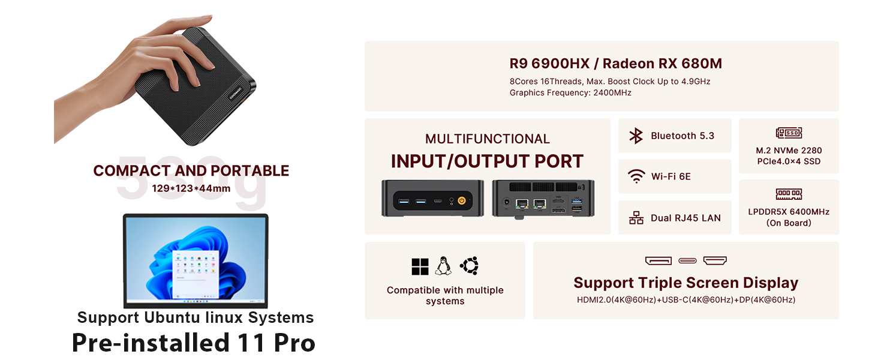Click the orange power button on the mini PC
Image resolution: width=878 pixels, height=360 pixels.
click(462, 201)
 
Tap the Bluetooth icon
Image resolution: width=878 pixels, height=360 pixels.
click(636, 136)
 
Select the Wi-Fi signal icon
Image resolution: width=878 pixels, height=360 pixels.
click(636, 176)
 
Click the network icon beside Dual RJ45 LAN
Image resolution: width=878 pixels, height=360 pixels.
click(636, 218)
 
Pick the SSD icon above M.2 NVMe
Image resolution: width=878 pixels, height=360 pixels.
click(789, 133)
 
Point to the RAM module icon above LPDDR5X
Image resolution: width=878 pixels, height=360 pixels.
click(789, 194)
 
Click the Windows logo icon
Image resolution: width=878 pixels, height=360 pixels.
click(420, 266)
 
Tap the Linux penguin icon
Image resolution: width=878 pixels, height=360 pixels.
click(443, 266)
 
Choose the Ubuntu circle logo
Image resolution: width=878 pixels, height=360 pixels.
click(469, 266)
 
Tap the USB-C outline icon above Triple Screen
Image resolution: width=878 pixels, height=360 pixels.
click(687, 260)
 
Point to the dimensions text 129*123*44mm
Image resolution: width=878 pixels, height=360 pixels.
click(191, 188)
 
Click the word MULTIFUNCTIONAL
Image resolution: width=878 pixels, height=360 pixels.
click(487, 139)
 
